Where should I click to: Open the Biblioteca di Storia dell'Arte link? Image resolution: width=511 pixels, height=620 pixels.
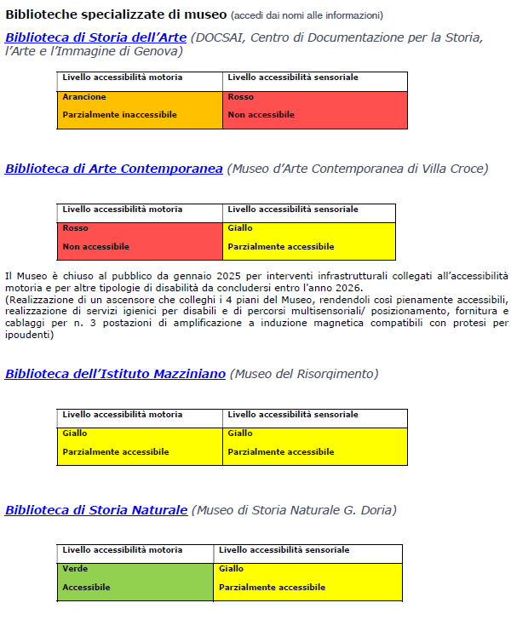95,37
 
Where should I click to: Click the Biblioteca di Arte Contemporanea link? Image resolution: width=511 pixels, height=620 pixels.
113,169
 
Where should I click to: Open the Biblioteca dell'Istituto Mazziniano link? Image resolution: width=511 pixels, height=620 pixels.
115,374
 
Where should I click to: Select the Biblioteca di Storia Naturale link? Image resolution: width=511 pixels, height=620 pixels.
95,510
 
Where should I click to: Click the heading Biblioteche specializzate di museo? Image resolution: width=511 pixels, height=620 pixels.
116,15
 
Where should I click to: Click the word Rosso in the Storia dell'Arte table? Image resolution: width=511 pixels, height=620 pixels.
241,97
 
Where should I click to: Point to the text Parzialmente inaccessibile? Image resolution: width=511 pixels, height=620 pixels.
120,114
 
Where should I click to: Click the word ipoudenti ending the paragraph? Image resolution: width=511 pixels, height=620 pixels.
29,335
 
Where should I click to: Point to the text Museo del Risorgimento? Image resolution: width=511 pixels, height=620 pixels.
304,374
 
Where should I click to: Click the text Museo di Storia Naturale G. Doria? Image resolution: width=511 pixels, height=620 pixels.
294,510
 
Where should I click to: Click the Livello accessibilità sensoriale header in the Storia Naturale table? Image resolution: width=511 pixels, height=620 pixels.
284,550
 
